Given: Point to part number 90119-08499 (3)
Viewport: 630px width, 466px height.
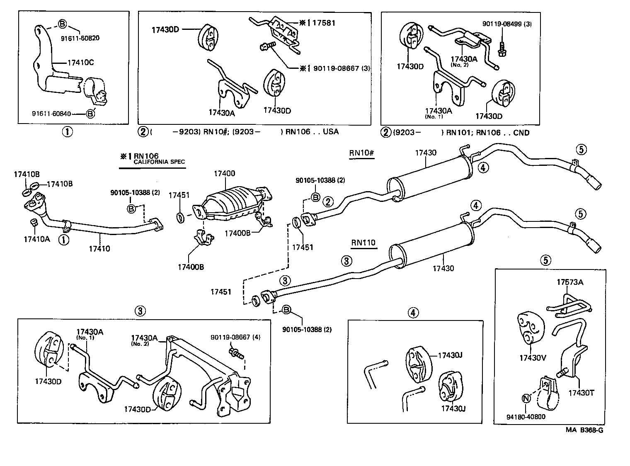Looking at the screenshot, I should coord(506,24).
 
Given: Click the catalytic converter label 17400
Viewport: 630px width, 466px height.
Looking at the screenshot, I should coord(224,173).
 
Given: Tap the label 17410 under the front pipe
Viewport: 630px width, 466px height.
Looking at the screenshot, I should coord(99,249).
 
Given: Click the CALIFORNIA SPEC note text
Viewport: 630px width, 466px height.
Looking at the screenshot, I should coord(159,162).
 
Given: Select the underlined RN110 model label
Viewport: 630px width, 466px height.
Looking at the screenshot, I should coord(363,243).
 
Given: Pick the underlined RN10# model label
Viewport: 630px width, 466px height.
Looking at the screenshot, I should coord(361,153).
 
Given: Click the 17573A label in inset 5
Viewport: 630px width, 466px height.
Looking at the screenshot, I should coord(569,282).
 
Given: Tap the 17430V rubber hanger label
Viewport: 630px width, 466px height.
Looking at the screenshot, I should coord(532,358).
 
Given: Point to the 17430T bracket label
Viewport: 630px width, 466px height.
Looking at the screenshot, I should coord(581,393).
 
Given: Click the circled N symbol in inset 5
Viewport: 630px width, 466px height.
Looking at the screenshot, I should coord(526,398).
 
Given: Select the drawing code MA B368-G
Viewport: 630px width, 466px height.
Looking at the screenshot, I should coord(584,430).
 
